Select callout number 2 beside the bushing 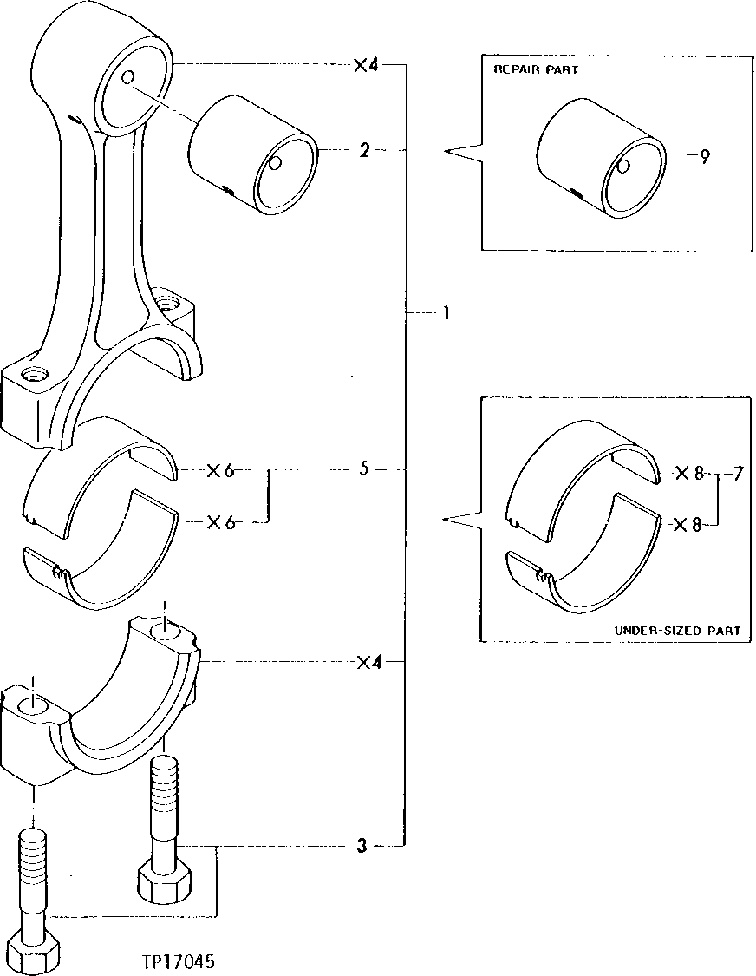pos(365,151)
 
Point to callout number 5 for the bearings pos(365,469)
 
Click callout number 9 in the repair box pos(705,157)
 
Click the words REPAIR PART pos(535,69)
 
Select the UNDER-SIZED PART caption pos(677,631)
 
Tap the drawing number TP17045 pos(179,962)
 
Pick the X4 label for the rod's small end pos(366,65)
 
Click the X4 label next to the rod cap pos(369,663)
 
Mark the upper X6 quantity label pos(220,471)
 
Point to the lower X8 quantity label pos(688,525)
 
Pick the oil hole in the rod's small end pos(127,78)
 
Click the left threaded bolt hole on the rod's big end pos(35,375)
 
